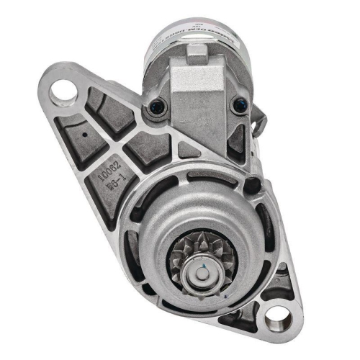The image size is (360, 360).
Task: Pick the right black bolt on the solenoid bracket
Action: click(x=237, y=105)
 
